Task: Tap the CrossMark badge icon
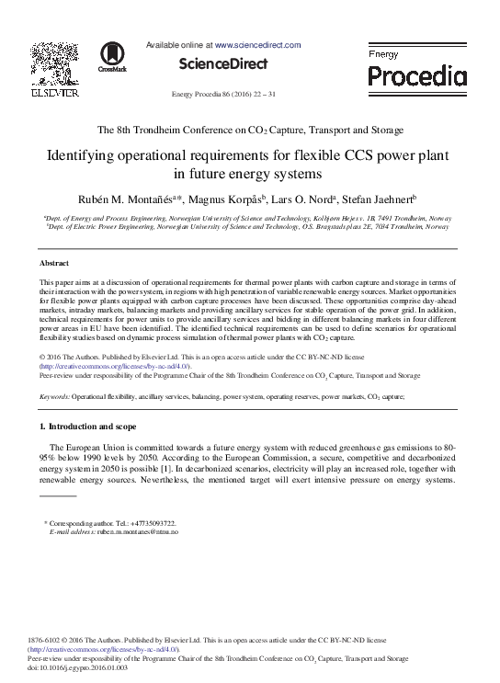point(113,57)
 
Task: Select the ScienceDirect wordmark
point(222,64)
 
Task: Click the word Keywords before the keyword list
point(54,396)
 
